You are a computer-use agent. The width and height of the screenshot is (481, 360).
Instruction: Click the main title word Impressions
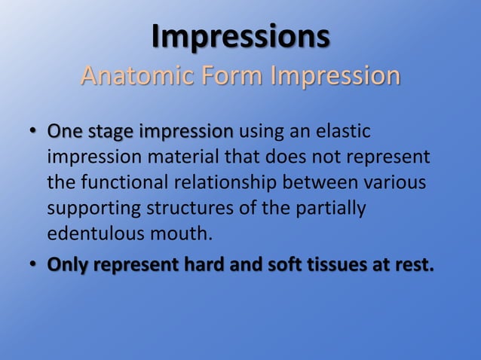pos(240,36)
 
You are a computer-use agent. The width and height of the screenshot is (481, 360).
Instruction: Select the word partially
pos(332,209)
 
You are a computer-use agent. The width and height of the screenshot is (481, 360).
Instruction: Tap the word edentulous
pos(89,234)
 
